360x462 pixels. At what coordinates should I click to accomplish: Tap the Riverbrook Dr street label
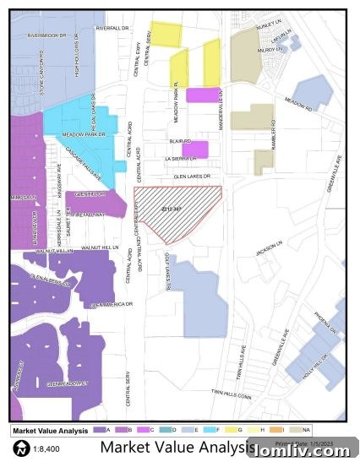46,35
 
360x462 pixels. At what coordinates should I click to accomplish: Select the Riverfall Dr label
117,28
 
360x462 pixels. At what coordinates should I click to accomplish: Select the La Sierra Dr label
181,158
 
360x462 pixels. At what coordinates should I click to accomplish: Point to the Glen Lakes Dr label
187,176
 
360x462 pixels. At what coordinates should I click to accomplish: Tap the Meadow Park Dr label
82,135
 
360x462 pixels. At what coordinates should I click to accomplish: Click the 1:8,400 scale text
46,448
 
